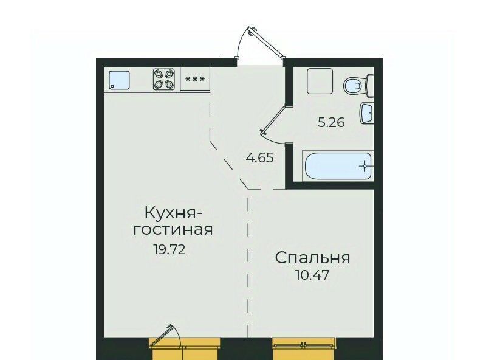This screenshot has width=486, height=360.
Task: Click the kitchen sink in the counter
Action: tap(119, 80)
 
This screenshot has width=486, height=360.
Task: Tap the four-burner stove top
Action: tap(164, 79)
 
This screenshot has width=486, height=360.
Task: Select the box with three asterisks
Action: tap(195, 79)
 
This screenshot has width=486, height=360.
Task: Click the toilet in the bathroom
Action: tap(358, 85)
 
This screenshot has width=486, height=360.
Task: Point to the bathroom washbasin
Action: tap(367, 113)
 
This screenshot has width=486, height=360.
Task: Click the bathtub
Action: tap(338, 166)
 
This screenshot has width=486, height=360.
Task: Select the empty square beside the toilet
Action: tap(320, 81)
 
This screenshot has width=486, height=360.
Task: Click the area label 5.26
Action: tap(331, 123)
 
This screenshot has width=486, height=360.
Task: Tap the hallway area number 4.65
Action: tap(259, 157)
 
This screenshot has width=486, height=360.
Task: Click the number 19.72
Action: tap(169, 249)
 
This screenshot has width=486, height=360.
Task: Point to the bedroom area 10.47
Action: tap(312, 275)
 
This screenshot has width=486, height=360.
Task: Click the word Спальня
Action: tap(312, 258)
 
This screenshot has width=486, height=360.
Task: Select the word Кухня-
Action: tap(174, 213)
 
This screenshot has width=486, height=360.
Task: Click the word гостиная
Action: tap(173, 230)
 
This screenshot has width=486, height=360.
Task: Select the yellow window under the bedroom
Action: tap(304, 348)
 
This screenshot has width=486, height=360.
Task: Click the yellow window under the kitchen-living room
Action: tap(185, 348)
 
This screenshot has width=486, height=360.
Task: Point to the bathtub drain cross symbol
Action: tap(365, 166)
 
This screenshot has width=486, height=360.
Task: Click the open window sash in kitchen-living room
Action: tap(162, 335)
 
